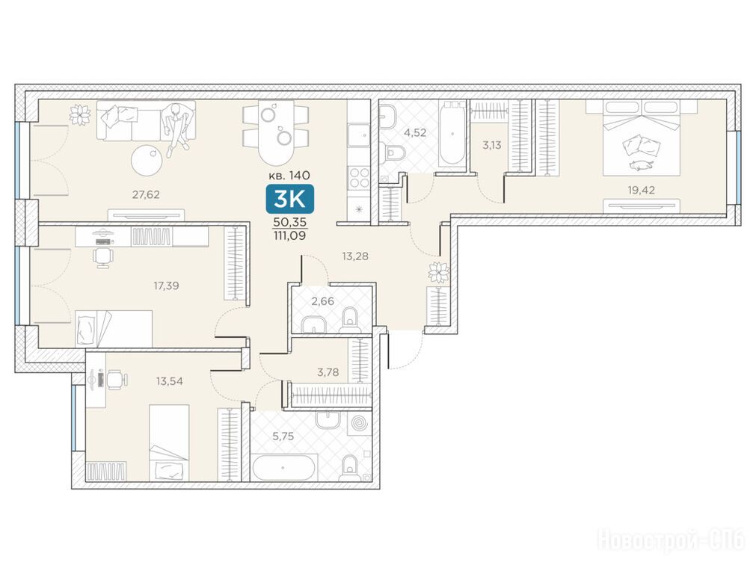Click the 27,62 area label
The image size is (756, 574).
tap(146, 195)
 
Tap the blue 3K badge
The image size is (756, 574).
tap(289, 199)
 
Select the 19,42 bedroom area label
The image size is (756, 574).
tap(642, 190)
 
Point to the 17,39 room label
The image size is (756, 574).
tap(166, 286)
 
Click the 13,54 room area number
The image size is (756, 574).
tap(169, 381)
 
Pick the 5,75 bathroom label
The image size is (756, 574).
tap(283, 436)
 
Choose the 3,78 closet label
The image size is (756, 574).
tap(328, 372)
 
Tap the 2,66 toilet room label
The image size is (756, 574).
tap(322, 302)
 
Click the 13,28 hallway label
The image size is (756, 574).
tap(355, 256)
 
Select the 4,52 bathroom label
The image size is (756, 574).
tap(415, 132)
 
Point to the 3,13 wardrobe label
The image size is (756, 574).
tap(492, 145)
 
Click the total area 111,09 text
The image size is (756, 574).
tap(289, 235)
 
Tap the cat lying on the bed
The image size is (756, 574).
tap(642, 166)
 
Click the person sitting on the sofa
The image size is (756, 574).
tap(176, 128)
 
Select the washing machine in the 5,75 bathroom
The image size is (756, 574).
tap(359, 425)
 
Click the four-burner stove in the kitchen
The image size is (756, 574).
tap(359, 177)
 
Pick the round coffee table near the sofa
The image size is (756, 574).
tap(147, 160)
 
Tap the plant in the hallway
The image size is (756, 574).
tap(439, 272)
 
